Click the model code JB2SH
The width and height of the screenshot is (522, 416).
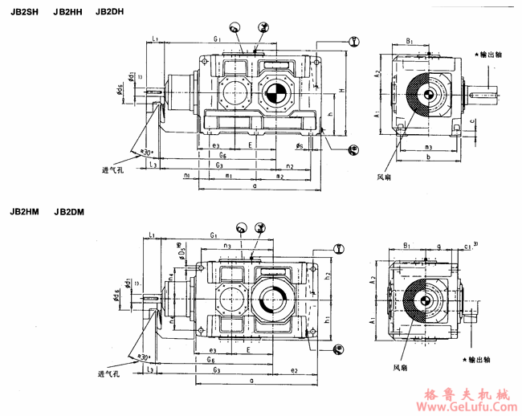coord(24,11)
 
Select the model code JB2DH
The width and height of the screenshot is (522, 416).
coord(109,11)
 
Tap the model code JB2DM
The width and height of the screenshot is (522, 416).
coord(69,213)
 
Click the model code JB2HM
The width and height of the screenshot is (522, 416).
coord(24,213)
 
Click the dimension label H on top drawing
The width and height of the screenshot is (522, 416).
coord(341,91)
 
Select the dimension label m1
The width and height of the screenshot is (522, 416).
coord(229,175)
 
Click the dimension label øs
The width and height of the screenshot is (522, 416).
coord(299,147)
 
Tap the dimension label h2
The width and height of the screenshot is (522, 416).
coord(328,275)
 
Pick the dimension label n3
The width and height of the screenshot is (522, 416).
coord(227,246)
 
